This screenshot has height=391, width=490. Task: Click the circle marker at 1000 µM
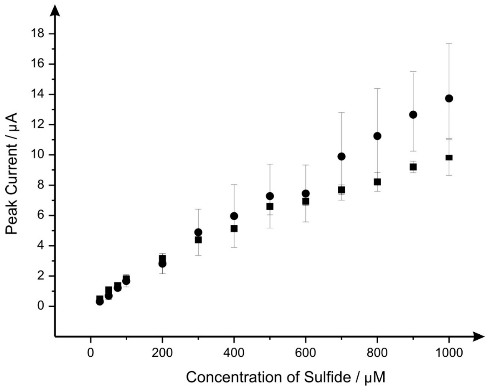tap(449, 98)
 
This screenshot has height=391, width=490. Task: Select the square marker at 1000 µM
tap(449, 157)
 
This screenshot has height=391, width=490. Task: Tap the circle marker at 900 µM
tap(413, 115)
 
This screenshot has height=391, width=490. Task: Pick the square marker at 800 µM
tap(377, 182)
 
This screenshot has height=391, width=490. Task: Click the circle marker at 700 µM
tap(341, 157)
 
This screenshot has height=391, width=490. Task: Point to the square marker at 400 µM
tap(234, 229)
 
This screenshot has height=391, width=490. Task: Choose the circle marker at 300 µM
tap(198, 232)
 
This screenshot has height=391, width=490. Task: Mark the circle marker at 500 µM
tap(270, 196)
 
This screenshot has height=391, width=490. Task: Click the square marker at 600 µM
tap(306, 201)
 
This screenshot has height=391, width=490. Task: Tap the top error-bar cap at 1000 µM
tap(449, 44)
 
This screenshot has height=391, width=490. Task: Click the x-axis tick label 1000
tap(449, 353)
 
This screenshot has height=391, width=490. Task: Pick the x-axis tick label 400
tap(234, 353)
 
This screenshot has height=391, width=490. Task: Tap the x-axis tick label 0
tap(91, 353)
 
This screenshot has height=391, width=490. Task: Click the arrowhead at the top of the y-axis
tap(55, 10)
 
